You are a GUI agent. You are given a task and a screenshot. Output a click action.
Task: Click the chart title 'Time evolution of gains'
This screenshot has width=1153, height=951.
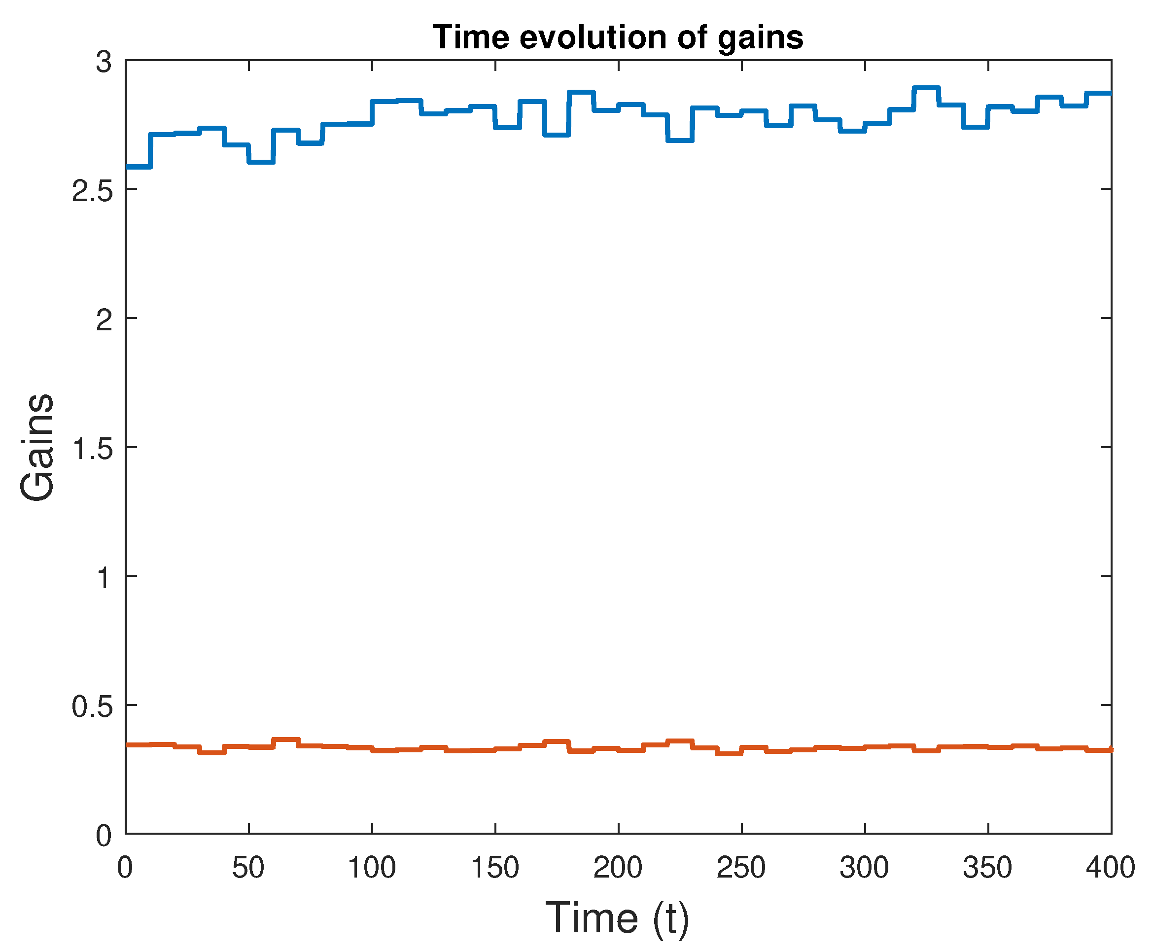click(618, 38)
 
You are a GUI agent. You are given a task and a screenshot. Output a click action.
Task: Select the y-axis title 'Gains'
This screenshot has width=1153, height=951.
click(37, 447)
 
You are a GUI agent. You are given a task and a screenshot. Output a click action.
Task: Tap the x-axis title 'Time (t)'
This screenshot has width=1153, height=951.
click(617, 917)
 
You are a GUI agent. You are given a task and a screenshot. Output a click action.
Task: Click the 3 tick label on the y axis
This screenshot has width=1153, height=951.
click(104, 63)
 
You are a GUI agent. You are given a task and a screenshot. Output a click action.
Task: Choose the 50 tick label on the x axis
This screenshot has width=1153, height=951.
click(248, 868)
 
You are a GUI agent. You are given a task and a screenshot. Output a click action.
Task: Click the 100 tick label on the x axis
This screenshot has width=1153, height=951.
click(371, 868)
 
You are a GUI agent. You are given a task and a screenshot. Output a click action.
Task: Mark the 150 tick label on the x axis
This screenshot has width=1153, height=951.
click(494, 868)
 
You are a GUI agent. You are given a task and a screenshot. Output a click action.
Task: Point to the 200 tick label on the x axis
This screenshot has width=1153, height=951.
click(618, 868)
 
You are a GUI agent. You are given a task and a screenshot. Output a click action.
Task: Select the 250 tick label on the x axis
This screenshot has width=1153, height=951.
click(741, 868)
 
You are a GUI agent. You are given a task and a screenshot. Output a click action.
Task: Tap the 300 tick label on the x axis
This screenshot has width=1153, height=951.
click(864, 868)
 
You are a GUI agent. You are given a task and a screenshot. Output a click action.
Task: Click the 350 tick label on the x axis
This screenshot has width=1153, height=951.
click(987, 868)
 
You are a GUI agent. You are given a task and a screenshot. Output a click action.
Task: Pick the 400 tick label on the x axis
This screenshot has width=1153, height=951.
click(1111, 868)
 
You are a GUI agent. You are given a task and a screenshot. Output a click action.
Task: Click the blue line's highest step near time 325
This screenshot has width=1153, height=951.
click(926, 88)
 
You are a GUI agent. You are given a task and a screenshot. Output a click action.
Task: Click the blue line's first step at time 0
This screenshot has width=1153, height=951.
click(138, 167)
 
